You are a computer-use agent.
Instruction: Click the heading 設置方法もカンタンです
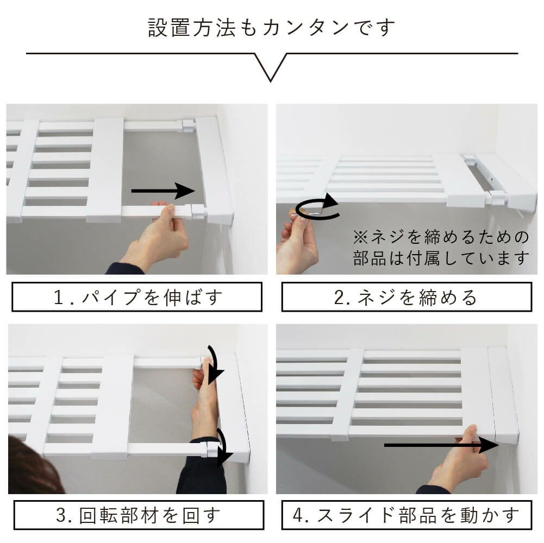(272, 28)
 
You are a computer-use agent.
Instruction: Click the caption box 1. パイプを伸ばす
(137, 297)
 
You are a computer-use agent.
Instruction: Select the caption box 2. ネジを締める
(407, 297)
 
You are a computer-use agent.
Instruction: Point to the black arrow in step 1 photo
(163, 191)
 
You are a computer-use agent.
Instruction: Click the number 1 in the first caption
(60, 297)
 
